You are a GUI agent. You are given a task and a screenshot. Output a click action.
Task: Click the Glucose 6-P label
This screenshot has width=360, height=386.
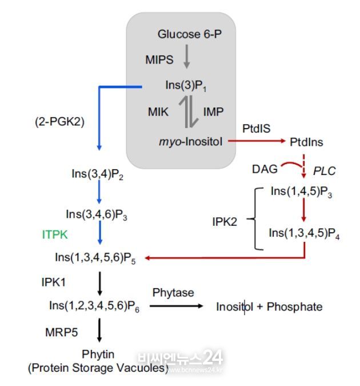pyautogui.click(x=190, y=34)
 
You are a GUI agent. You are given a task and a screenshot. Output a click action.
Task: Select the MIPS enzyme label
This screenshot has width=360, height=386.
pyautogui.click(x=159, y=60)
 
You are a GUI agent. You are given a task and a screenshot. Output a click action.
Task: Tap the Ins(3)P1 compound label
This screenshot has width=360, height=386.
pyautogui.click(x=186, y=86)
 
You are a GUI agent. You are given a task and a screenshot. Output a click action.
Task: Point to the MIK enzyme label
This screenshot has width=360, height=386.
pyautogui.click(x=158, y=112)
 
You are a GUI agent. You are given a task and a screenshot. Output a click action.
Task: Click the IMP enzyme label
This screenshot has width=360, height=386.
pyautogui.click(x=213, y=112)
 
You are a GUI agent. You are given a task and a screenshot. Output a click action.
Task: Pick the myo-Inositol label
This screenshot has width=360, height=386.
pyautogui.click(x=191, y=142)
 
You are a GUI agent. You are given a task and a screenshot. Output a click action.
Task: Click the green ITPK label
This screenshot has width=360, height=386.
pyautogui.click(x=55, y=234)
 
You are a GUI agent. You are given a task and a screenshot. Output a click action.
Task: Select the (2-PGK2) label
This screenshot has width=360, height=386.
pyautogui.click(x=60, y=122)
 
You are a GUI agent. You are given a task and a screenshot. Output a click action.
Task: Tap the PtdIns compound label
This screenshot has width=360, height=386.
pyautogui.click(x=306, y=142)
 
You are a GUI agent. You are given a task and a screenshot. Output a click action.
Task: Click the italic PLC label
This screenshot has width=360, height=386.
pyautogui.click(x=325, y=171)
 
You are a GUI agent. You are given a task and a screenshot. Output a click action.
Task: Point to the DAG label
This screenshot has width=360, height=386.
pyautogui.click(x=265, y=169)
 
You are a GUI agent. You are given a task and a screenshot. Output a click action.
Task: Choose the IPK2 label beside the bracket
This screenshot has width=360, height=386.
pyautogui.click(x=225, y=222)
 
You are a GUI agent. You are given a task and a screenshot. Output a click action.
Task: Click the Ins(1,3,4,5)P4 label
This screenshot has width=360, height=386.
pyautogui.click(x=304, y=233)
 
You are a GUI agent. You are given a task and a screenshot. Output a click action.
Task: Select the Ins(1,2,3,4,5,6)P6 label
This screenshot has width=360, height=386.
pyautogui.click(x=94, y=306)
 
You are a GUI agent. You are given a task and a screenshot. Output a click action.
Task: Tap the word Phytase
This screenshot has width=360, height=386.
pyautogui.click(x=173, y=293)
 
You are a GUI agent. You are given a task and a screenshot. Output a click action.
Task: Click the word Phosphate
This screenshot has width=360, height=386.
pyautogui.click(x=294, y=307)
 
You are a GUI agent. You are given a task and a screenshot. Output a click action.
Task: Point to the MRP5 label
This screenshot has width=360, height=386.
pyautogui.click(x=62, y=333)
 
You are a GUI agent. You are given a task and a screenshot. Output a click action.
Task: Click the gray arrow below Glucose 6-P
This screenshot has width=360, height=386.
pyautogui.click(x=187, y=57)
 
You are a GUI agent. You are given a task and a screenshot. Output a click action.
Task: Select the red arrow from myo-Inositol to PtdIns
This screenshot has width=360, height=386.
pyautogui.click(x=257, y=141)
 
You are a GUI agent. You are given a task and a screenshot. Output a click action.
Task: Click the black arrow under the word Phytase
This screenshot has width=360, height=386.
pyautogui.click(x=177, y=307)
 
